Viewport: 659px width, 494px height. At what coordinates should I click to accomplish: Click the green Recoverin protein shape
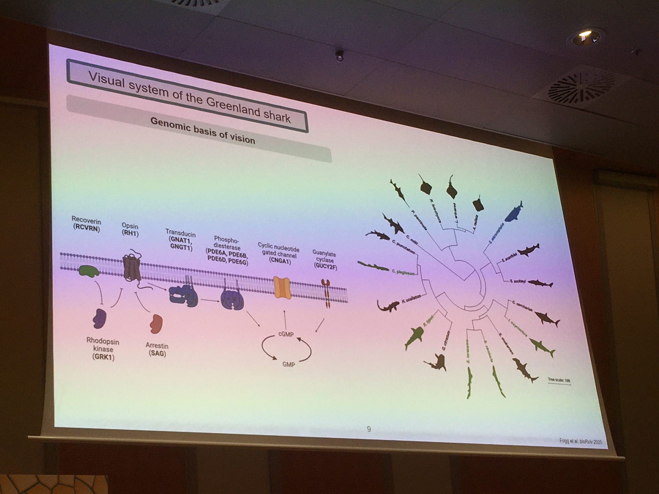89,271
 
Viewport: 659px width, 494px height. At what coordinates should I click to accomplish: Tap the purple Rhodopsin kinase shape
100,318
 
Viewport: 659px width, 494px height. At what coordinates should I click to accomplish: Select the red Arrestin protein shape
156,323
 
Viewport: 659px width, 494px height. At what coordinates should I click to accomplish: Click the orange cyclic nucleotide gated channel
282,288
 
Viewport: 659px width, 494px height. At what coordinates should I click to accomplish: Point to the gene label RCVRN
86,228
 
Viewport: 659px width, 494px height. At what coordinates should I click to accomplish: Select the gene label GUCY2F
326,266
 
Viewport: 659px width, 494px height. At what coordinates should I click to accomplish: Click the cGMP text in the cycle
286,334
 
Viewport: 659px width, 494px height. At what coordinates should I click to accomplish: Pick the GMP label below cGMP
288,365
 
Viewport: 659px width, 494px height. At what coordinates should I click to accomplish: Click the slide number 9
369,429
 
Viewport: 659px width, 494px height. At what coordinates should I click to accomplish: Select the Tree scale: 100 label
559,380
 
